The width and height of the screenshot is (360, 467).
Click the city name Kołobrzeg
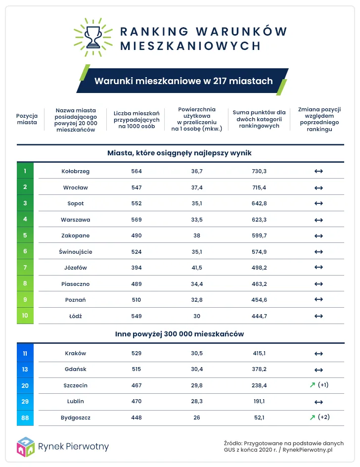click(x=76, y=171)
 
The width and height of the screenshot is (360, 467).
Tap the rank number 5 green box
click(x=25, y=235)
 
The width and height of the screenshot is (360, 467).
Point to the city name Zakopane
click(x=76, y=235)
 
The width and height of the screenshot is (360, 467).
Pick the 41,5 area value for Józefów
click(x=197, y=268)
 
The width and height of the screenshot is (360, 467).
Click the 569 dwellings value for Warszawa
click(x=136, y=219)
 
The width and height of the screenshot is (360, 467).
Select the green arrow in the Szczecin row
click(x=312, y=385)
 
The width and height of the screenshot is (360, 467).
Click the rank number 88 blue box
click(x=25, y=418)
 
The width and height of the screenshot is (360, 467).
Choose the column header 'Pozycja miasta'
click(x=27, y=119)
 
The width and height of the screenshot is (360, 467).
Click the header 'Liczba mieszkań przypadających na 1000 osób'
click(x=136, y=119)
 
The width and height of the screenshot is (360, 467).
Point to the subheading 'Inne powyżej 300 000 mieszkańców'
click(x=180, y=334)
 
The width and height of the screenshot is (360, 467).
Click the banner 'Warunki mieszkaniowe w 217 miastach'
click(x=183, y=81)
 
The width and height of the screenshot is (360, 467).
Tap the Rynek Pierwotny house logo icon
click(x=25, y=447)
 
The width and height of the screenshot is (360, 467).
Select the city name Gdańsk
click(x=76, y=370)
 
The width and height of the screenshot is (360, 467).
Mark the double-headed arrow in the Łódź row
click(x=318, y=316)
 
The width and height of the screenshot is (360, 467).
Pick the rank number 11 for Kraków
click(x=25, y=353)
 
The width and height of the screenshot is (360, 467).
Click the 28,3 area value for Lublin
click(x=197, y=401)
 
